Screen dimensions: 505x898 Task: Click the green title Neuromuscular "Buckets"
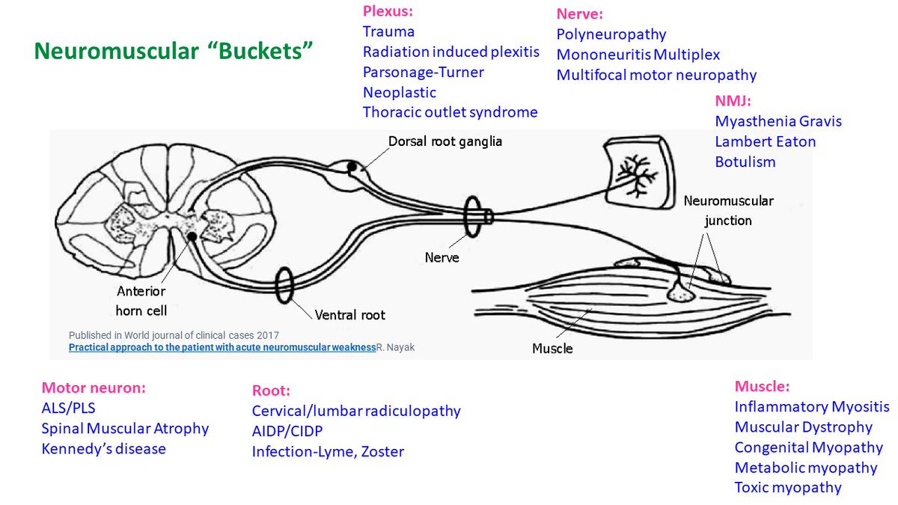(174, 52)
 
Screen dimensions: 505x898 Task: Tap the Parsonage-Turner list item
(423, 73)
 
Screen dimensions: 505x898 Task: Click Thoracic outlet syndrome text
(450, 113)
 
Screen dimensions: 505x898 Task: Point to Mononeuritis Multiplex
(638, 55)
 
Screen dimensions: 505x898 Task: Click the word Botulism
(745, 162)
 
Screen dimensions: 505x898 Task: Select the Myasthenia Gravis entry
(778, 121)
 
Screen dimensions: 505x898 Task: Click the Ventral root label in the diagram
(349, 315)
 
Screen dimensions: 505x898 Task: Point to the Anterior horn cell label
(141, 299)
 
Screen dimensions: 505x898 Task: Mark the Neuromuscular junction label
(728, 211)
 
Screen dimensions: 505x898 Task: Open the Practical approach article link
(221, 348)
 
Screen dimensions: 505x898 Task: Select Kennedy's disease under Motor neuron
(103, 449)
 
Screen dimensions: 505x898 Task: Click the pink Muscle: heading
(762, 387)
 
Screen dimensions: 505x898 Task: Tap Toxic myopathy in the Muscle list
(788, 488)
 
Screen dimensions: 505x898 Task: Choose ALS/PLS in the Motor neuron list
(68, 408)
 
